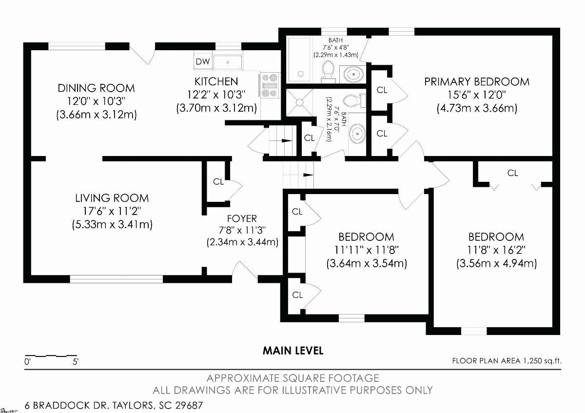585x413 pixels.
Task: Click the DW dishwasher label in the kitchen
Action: [x=203, y=61]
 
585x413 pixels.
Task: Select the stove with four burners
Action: [x=270, y=85]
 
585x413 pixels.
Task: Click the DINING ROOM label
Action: [x=96, y=88]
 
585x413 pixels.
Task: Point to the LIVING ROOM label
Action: [x=112, y=198]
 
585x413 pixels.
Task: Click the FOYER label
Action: [x=242, y=218]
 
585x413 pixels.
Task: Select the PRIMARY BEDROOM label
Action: [x=477, y=82]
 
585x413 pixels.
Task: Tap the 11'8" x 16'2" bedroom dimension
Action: [x=496, y=250]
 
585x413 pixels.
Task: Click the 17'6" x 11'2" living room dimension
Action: [x=112, y=211]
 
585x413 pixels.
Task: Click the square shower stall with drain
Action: [x=299, y=102]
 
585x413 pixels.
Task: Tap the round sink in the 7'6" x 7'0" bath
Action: [x=357, y=134]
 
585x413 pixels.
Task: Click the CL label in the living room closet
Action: [x=218, y=181]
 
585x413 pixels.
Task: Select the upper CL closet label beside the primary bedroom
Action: [x=382, y=90]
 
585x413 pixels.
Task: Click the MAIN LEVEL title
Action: [x=293, y=351]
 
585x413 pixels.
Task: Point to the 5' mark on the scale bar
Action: [x=75, y=361]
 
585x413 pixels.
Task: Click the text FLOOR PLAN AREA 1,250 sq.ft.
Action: [x=507, y=361]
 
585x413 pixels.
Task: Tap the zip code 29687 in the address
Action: [x=189, y=405]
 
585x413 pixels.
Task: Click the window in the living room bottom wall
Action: [x=116, y=279]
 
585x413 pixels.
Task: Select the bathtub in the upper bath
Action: [x=299, y=59]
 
